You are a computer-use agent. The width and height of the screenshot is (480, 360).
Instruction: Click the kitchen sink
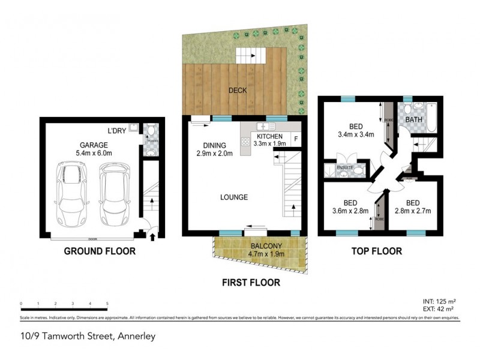pos(264,127)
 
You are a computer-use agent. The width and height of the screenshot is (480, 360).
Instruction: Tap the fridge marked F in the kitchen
pos(295,140)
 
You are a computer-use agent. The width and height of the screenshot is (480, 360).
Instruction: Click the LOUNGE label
pos(233,197)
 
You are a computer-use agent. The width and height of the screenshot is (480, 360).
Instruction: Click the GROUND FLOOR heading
pos(100,251)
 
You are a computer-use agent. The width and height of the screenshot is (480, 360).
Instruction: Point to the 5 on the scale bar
pos(107,304)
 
